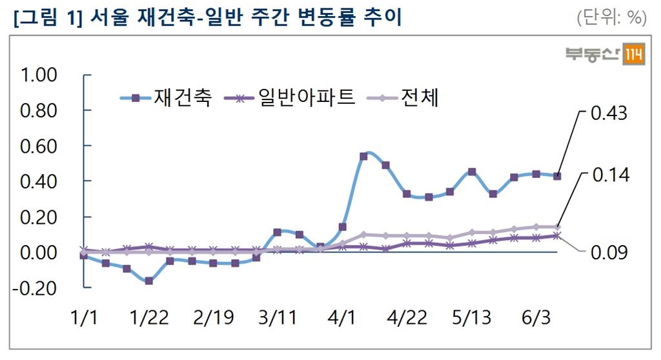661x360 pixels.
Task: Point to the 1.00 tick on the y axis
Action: tap(39, 75)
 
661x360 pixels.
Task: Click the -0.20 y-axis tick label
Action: tap(37, 288)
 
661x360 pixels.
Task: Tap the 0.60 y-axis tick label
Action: tap(39, 146)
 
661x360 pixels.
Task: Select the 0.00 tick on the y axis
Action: tap(39, 252)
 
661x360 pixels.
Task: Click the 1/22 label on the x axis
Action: tap(149, 317)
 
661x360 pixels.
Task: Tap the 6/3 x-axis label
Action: tap(535, 317)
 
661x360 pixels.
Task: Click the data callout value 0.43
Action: tap(609, 114)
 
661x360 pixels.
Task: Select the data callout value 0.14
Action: tap(609, 175)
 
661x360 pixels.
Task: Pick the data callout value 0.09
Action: tap(609, 252)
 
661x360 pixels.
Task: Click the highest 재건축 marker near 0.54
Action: tap(363, 156)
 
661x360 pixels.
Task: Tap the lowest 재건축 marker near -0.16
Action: tap(149, 281)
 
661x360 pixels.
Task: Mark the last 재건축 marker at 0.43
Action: tap(557, 176)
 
